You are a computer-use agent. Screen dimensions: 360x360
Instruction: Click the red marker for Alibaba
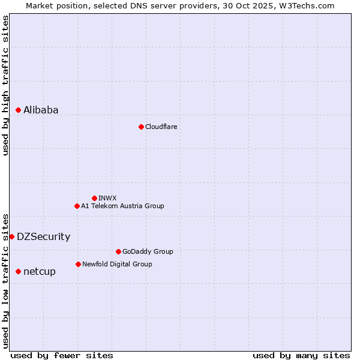pos(18,110)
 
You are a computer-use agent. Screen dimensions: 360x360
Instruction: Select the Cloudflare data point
pos(141,127)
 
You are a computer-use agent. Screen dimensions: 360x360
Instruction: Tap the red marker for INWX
pos(94,198)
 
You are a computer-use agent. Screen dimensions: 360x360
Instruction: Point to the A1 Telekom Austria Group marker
pos(77,206)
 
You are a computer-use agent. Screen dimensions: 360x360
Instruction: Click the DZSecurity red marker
pos(11,236)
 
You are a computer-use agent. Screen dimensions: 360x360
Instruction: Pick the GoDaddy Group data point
pos(118,251)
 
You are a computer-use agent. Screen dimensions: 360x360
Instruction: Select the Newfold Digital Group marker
pos(78,264)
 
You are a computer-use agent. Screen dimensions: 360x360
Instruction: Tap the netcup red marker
pos(18,271)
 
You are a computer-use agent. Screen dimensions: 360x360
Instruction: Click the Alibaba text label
pos(41,110)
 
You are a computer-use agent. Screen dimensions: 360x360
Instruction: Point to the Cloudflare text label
pos(161,127)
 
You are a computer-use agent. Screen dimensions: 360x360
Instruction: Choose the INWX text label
pos(107,198)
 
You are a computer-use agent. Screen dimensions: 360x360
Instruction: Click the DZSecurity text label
pos(43,236)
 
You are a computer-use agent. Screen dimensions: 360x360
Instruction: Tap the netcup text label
pos(40,271)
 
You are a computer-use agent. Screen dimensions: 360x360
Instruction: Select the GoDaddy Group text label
pos(148,251)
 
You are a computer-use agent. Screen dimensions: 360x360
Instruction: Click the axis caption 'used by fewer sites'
pos(62,355)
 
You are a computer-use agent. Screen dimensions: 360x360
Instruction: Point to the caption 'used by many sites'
pos(301,355)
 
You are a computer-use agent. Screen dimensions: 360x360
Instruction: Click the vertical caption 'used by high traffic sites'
pos(5,85)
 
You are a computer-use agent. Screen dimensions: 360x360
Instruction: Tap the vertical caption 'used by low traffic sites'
pos(5,280)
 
